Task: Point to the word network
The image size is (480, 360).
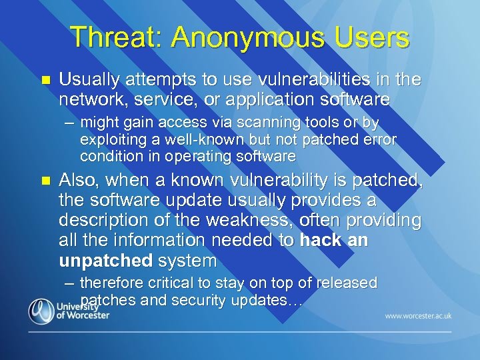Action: click(89, 100)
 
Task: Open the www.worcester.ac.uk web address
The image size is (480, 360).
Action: click(417, 315)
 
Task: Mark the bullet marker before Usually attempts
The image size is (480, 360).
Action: click(45, 80)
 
